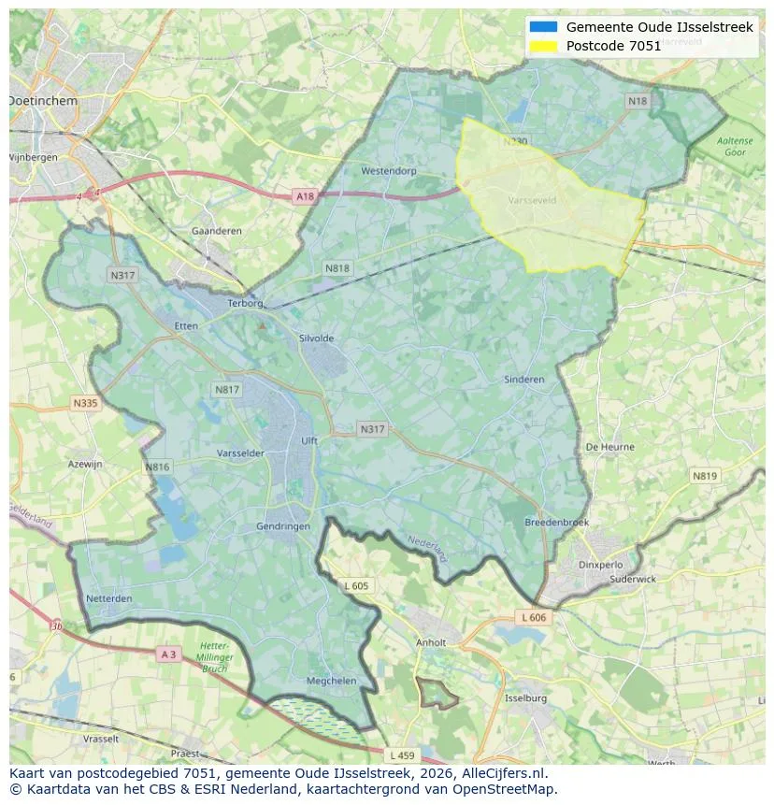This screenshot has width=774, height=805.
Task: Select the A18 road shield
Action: (305, 196)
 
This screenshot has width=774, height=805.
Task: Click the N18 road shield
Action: (638, 101)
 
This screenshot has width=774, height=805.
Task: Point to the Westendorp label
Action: (388, 171)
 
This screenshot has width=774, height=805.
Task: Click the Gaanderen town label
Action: (216, 231)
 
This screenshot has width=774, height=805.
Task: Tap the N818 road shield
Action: (337, 268)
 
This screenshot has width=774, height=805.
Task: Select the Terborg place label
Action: (247, 303)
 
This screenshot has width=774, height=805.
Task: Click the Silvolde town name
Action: (316, 338)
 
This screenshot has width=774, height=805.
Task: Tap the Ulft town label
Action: (309, 441)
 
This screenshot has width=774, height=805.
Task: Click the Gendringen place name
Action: (283, 526)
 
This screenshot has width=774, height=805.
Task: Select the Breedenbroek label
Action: (556, 523)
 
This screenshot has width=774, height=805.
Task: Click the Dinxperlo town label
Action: (600, 565)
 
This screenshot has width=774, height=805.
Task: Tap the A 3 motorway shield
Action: (168, 654)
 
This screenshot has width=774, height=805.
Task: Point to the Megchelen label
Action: (331, 682)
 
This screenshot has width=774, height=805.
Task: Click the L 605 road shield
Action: (356, 585)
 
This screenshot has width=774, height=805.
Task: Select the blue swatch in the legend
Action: (543, 27)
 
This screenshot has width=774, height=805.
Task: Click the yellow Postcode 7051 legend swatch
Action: (543, 46)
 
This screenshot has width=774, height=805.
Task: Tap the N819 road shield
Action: (705, 476)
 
